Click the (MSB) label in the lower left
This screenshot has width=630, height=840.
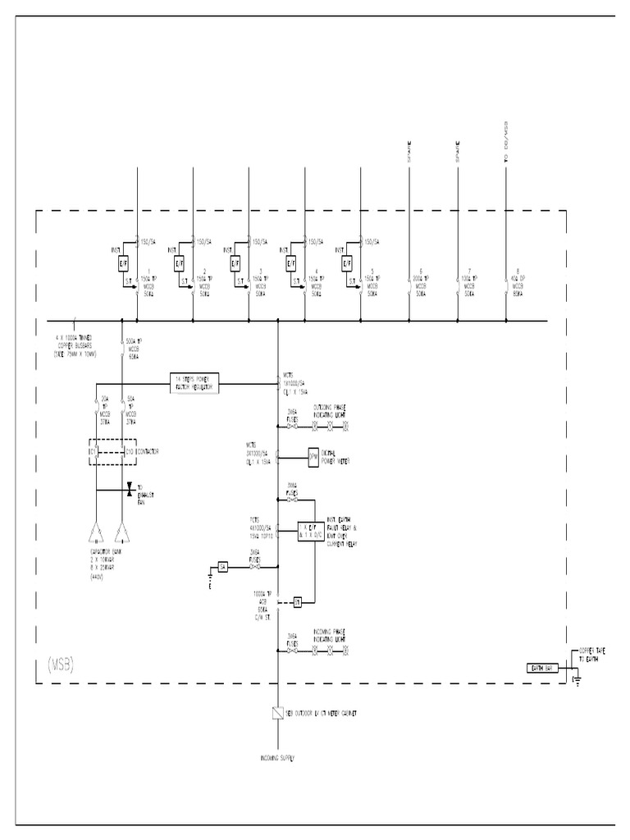pos(56,664)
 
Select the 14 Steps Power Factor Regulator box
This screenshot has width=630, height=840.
pos(194,382)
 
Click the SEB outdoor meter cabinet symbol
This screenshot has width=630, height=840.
pos(278,714)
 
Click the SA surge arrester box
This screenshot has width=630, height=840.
pos(222,567)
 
